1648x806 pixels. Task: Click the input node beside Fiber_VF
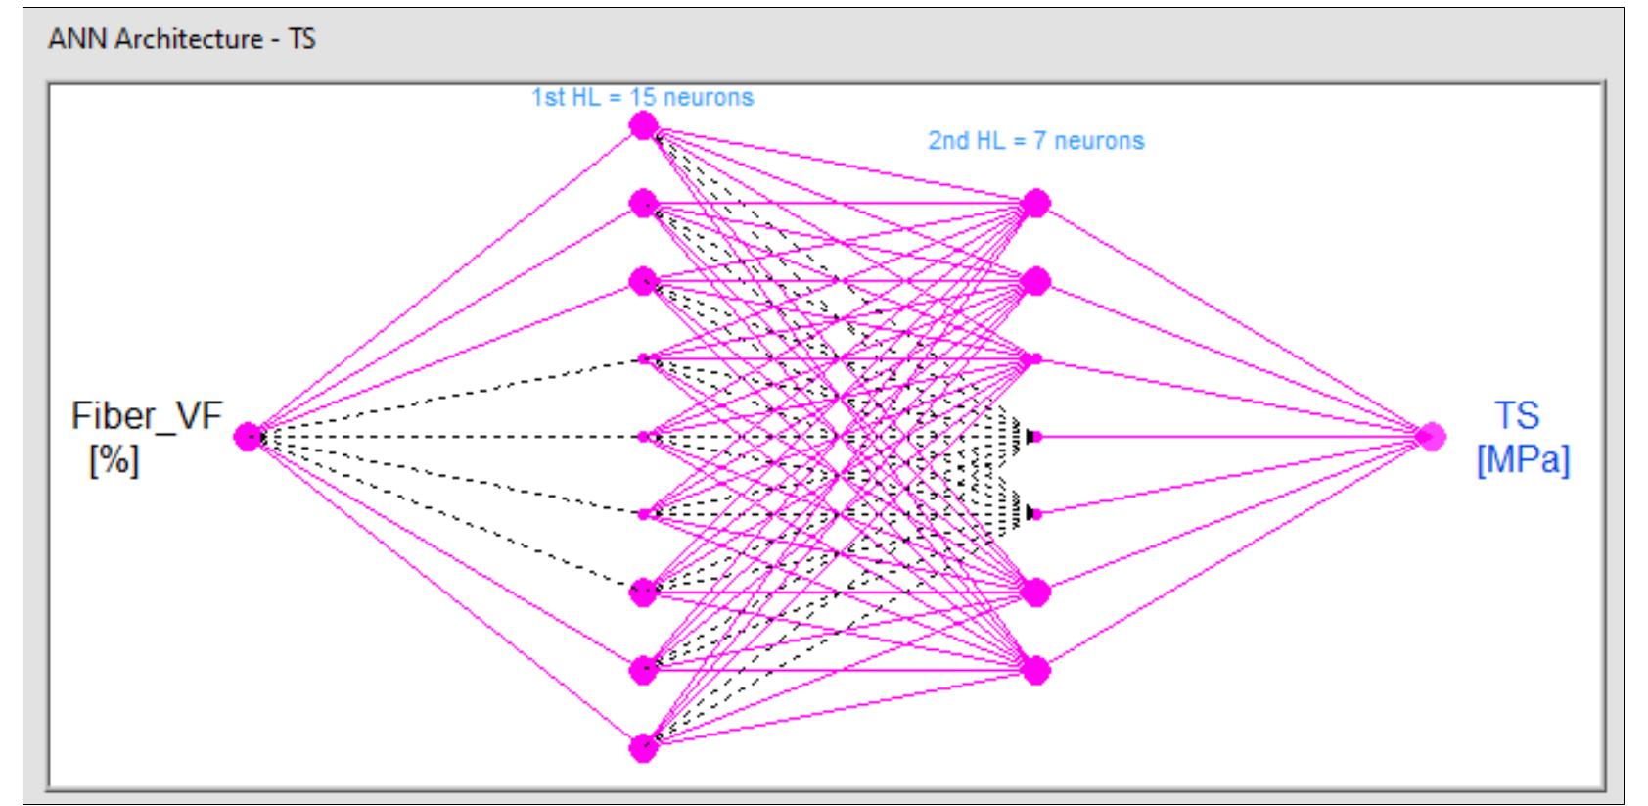tap(249, 437)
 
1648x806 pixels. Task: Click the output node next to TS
tap(1430, 437)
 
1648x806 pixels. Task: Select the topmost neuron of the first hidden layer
tap(643, 125)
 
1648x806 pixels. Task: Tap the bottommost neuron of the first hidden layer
tap(643, 748)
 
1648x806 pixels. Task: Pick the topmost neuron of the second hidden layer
tap(1035, 204)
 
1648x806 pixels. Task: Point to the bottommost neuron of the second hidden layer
tap(1035, 670)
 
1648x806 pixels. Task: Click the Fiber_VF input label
tap(147, 416)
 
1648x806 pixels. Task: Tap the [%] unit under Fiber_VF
tap(114, 460)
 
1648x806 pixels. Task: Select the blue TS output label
tap(1517, 415)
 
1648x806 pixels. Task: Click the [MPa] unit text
tap(1523, 460)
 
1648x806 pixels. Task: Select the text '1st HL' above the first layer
tap(561, 98)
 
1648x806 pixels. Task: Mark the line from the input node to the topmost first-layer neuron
tap(445, 281)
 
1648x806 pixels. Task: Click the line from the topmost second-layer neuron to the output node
tap(1233, 320)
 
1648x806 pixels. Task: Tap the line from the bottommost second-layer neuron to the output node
tap(1233, 553)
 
